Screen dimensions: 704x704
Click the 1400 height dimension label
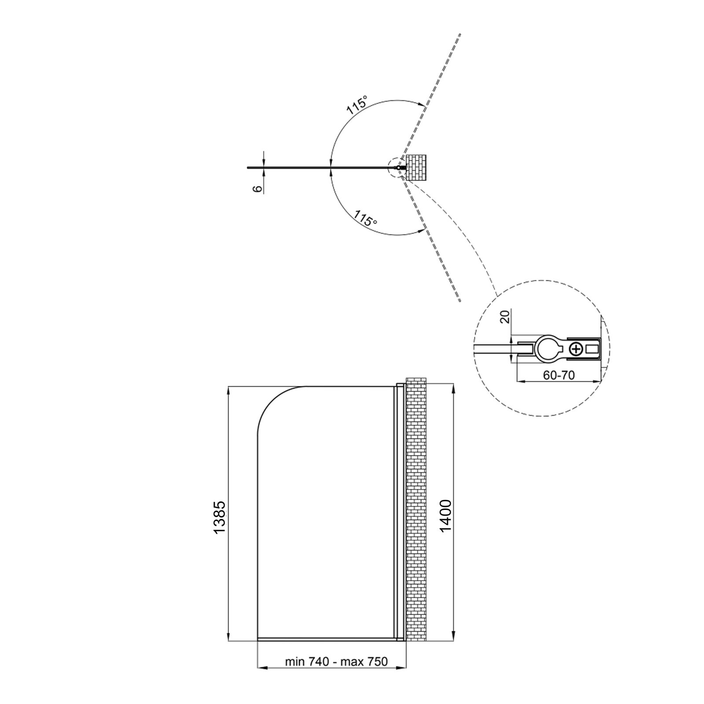point(446,517)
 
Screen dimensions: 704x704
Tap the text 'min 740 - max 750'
point(336,674)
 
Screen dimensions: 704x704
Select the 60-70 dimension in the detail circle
point(559,375)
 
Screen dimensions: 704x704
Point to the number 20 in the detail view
point(505,316)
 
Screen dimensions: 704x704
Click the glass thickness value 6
point(258,188)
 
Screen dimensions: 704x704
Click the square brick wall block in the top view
point(416,168)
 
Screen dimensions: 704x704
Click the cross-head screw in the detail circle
point(576,350)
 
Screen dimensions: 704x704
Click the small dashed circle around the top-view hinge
point(398,168)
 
